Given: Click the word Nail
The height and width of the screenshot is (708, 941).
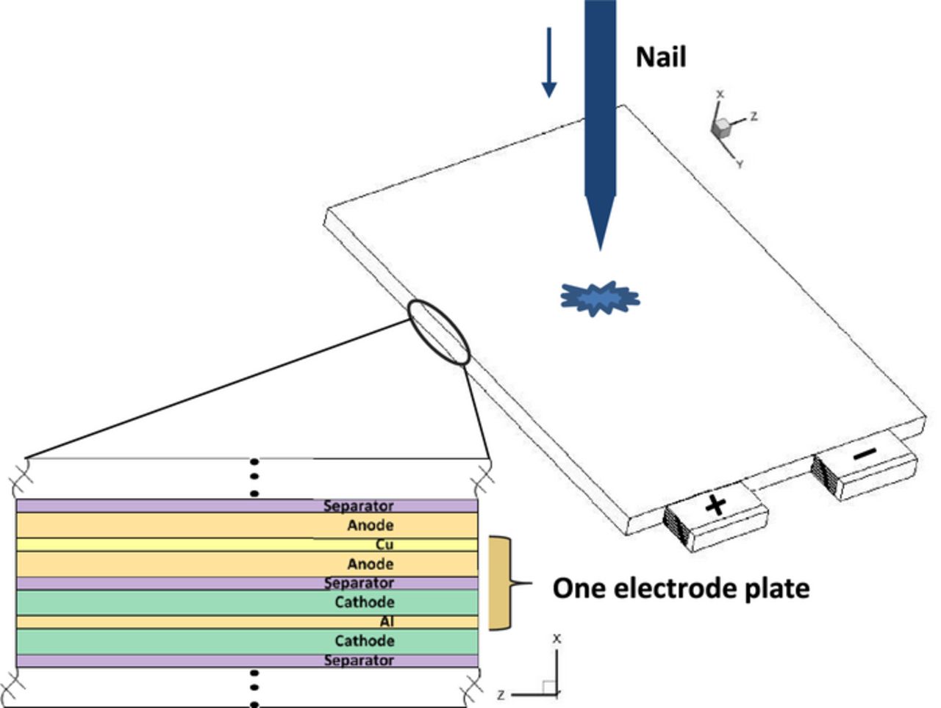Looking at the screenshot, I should point(660,57).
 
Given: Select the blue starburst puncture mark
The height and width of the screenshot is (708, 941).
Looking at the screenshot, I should point(600,298).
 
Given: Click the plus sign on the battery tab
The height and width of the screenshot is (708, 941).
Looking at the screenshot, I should point(715,505).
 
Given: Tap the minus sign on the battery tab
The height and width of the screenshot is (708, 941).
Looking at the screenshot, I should point(865,455).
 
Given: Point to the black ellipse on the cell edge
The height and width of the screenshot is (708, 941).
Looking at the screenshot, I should point(439,333).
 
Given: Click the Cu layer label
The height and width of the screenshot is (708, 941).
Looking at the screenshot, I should point(384,545).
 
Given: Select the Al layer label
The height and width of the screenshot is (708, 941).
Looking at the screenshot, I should point(386,622).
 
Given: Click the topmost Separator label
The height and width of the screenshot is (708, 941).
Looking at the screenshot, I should point(358,506).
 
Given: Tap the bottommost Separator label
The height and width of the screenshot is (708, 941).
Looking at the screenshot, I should point(358,660).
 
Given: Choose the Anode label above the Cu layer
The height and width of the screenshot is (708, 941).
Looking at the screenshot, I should point(370,525).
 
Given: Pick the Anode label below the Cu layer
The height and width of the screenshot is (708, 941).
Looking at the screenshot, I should point(370,564).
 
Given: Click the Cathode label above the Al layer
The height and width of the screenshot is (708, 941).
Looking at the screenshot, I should point(364,602).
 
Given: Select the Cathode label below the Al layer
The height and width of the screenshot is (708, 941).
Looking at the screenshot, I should point(364,640).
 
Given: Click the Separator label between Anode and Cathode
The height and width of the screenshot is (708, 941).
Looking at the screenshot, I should point(358,583).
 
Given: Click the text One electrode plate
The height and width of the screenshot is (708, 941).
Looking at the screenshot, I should point(681,588).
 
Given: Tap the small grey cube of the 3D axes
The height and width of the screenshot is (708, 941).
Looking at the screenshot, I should point(722,127).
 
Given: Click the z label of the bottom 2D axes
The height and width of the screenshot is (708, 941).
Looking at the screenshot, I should point(501,694).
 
